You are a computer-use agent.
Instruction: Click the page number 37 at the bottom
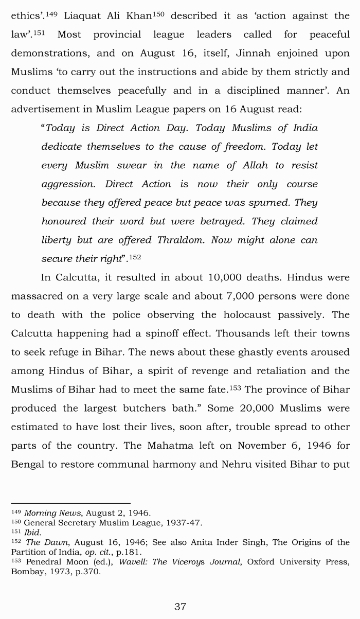(180, 607)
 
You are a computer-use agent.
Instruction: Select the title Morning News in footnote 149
(53, 513)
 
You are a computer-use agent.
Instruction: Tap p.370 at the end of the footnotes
(88, 572)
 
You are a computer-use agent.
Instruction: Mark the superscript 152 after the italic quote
(135, 257)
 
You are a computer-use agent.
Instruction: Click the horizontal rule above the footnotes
(70, 503)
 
